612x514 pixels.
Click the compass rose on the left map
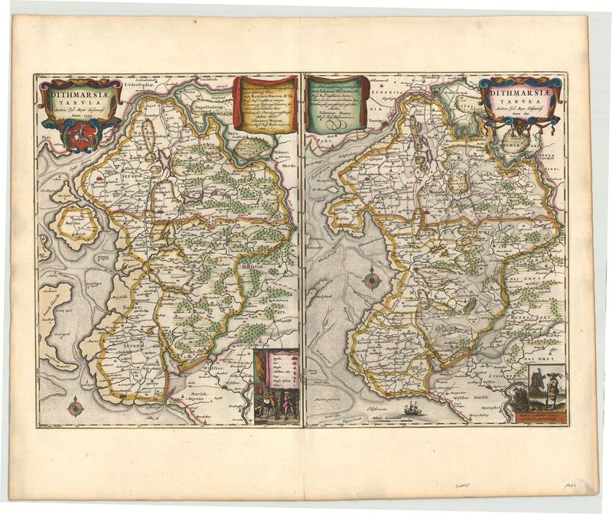click(x=75, y=407)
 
